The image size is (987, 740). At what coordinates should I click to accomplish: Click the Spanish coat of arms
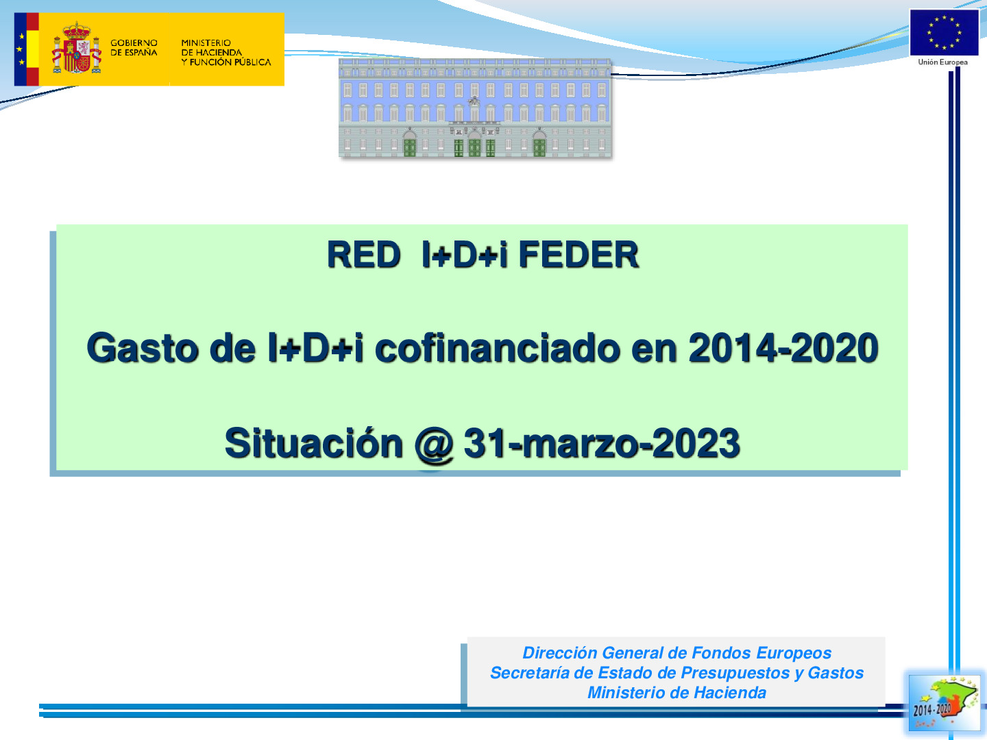tap(76, 49)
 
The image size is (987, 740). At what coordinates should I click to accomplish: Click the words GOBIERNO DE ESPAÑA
tap(134, 47)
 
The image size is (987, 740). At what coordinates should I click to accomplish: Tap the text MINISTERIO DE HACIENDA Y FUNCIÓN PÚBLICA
tap(226, 52)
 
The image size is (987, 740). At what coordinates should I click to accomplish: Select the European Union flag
tap(944, 32)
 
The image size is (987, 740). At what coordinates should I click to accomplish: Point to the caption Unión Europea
tap(943, 62)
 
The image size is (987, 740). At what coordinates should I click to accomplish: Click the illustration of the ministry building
tap(474, 108)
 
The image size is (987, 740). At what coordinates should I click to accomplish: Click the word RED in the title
tap(363, 255)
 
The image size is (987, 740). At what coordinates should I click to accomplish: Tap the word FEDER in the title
tap(578, 255)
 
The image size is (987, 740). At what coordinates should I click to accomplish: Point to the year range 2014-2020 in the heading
tap(783, 348)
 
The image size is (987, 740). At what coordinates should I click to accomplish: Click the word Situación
tap(314, 443)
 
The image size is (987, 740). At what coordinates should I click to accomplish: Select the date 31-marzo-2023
tap(602, 443)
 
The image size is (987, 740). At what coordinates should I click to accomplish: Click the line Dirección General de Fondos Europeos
tap(677, 653)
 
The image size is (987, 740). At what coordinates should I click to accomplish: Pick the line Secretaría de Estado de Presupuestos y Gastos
tap(677, 673)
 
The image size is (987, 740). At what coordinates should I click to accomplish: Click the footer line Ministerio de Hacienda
tap(677, 693)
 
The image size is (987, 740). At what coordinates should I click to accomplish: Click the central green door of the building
tap(474, 147)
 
